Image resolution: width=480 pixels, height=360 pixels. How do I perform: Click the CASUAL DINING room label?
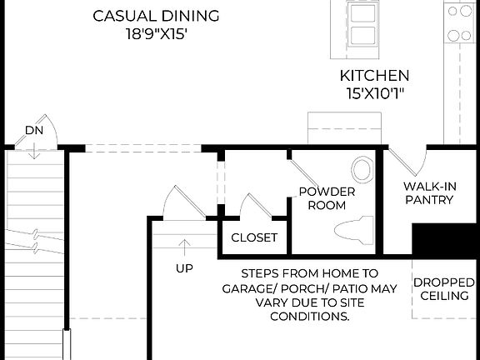coord(156,16)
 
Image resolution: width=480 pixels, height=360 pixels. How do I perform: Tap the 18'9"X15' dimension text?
coord(156,36)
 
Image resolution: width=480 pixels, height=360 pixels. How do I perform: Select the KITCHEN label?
coord(374,75)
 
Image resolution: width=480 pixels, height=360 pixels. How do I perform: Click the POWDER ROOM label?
coord(327,198)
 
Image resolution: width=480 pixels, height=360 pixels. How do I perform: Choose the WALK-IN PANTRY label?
coord(428,192)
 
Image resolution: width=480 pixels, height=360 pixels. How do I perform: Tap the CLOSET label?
coord(254,237)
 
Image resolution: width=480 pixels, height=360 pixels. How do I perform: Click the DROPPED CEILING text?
coord(445,289)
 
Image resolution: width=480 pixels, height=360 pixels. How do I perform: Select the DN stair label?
coord(33,130)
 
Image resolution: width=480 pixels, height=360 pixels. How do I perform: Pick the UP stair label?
coord(184,268)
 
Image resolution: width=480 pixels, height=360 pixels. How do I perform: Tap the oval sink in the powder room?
coord(362,169)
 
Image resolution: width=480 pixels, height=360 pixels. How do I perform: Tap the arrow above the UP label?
coord(184,245)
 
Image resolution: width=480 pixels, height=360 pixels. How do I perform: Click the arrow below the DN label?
coord(33,150)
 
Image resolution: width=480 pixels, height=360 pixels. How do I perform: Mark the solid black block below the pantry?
coord(446,241)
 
